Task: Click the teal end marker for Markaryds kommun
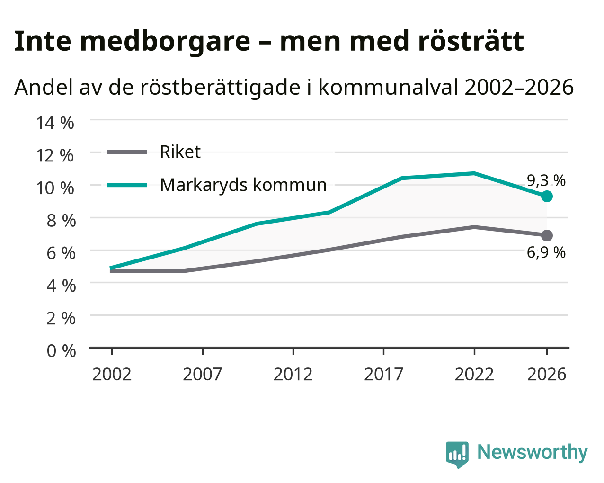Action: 546,196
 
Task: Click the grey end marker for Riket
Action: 546,235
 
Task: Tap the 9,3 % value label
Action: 546,180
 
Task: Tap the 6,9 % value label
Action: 546,252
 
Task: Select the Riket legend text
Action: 180,152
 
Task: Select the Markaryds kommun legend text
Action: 243,185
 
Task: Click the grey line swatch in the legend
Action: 127,152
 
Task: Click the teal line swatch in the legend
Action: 127,185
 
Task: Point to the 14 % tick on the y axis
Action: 55,123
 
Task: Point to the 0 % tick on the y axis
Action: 61,351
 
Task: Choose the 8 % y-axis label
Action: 61,221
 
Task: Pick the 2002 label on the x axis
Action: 112,374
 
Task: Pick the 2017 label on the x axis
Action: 383,374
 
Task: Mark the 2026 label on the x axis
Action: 546,374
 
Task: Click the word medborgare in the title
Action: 165,42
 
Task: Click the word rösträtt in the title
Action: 471,41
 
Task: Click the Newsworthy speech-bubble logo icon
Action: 457,454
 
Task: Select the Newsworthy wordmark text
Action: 533,452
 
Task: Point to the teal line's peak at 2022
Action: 474,173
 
